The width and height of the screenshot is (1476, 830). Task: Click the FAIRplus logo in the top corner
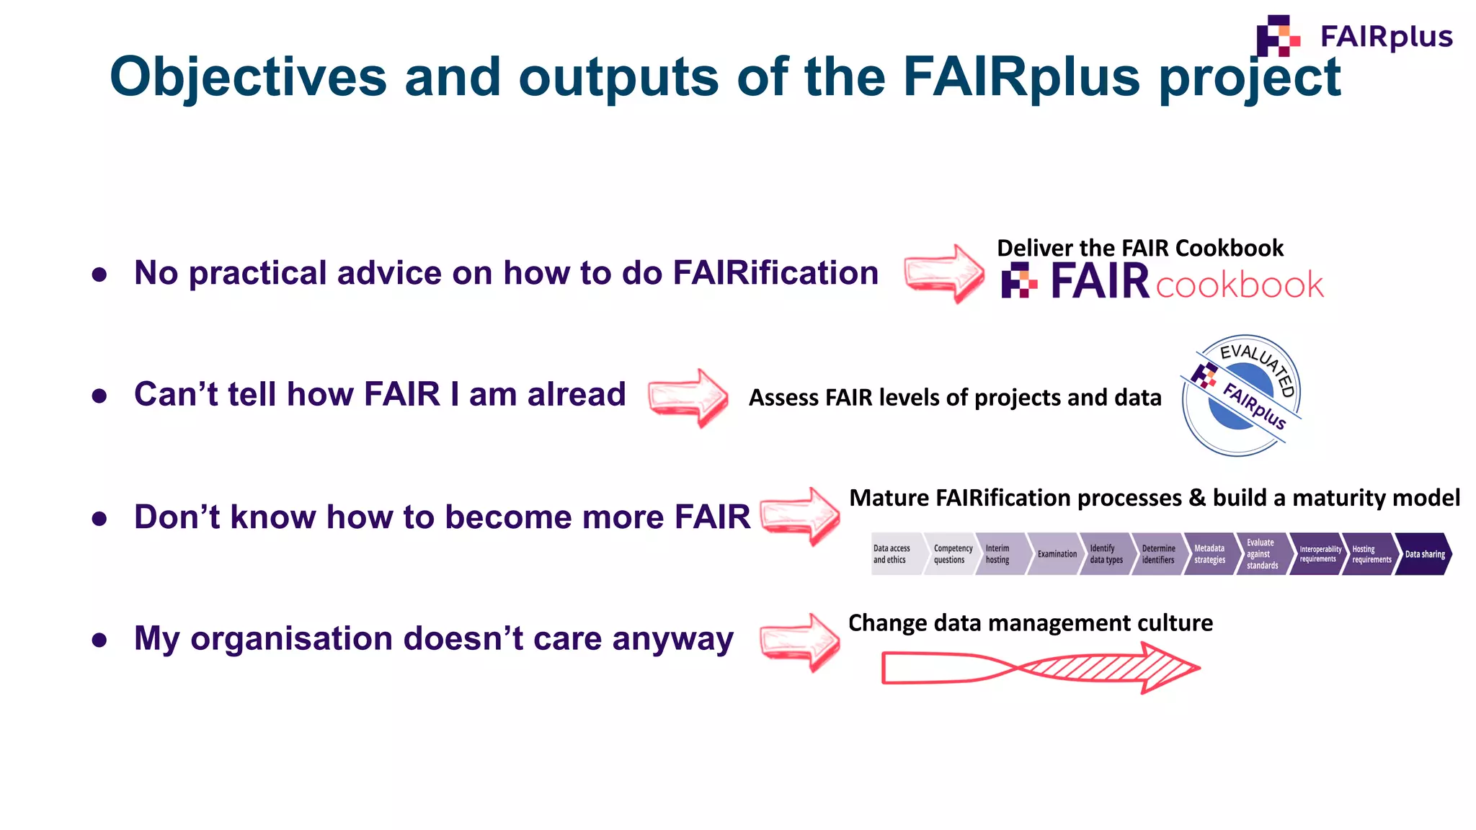[1353, 36]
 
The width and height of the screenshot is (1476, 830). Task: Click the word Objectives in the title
[248, 77]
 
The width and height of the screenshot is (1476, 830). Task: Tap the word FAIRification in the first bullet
[775, 273]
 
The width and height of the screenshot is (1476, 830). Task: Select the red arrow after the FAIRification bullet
[944, 273]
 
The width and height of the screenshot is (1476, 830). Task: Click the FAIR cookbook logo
[1162, 282]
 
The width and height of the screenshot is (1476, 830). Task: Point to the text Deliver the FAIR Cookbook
[1139, 248]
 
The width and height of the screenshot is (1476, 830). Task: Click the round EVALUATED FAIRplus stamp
[1241, 396]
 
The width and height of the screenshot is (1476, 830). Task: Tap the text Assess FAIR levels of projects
[954, 398]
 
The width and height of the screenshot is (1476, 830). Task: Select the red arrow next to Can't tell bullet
[688, 398]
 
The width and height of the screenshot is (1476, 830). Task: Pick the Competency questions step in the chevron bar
[951, 554]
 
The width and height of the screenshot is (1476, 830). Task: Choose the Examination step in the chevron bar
[1056, 554]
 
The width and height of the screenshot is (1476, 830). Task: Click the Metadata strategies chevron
[1210, 554]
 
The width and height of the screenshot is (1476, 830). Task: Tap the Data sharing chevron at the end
[1424, 554]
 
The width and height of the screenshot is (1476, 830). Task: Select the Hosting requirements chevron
[1371, 554]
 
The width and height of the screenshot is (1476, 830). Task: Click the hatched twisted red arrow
[1040, 668]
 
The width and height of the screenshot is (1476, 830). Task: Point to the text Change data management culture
[1030, 622]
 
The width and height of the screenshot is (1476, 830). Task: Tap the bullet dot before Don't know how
[99, 519]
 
